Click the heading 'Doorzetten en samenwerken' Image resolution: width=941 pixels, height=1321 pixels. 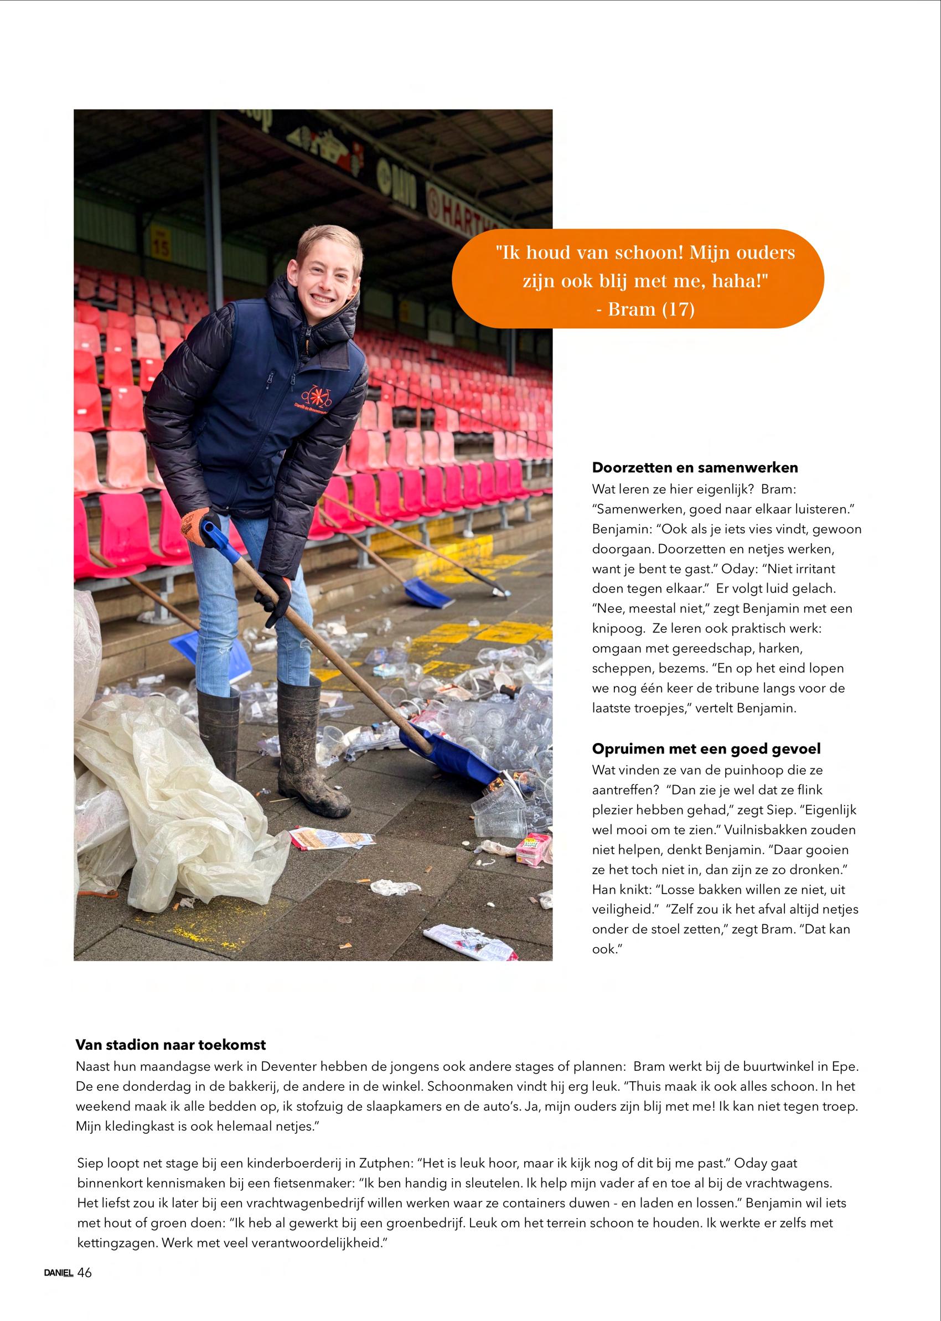tap(695, 468)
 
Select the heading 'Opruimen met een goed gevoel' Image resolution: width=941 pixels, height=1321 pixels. tap(706, 749)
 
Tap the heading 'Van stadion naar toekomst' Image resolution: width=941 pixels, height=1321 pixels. tap(170, 1045)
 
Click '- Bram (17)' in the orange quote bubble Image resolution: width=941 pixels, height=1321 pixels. tap(645, 309)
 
